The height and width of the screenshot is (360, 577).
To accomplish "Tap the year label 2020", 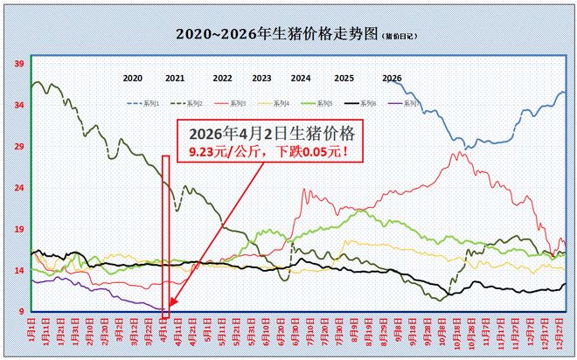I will tap(132, 78).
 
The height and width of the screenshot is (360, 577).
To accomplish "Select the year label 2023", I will tap(261, 78).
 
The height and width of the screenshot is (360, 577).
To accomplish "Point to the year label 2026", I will tap(392, 78).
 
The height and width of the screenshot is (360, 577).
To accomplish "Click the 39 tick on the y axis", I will tap(17, 64).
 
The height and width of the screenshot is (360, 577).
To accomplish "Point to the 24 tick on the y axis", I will tap(17, 188).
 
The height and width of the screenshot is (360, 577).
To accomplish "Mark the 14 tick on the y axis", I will tap(17, 271).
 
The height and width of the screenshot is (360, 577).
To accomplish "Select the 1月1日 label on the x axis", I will tap(31, 331).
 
